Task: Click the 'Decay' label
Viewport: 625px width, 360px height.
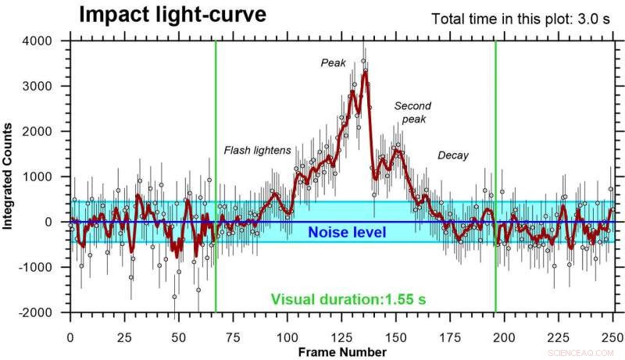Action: pyautogui.click(x=453, y=155)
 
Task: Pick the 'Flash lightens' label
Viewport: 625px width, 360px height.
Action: pyautogui.click(x=257, y=150)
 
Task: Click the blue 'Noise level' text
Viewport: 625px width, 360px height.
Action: pyautogui.click(x=347, y=232)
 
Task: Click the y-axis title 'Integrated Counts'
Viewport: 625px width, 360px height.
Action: pyautogui.click(x=9, y=177)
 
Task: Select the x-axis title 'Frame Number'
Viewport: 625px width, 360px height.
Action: pyautogui.click(x=343, y=352)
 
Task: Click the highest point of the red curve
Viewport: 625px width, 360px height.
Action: pyautogui.click(x=364, y=73)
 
